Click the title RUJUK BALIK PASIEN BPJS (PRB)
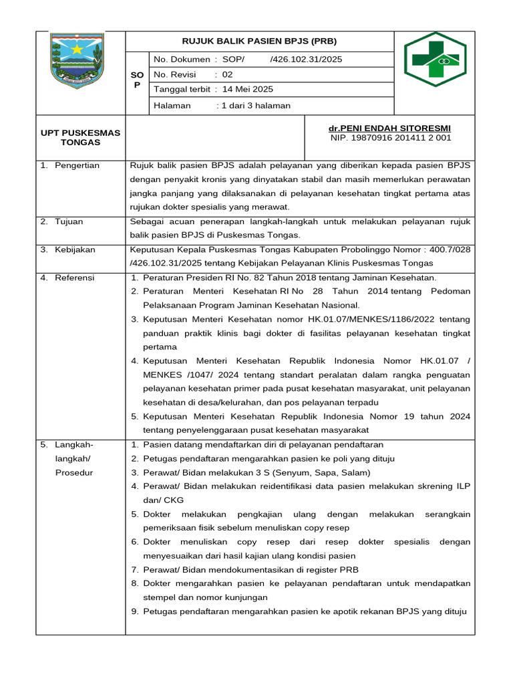(260, 41)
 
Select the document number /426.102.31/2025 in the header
(306, 60)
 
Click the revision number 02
(227, 74)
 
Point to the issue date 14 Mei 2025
(247, 89)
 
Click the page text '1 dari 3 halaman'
(256, 105)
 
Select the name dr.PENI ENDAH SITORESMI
(389, 128)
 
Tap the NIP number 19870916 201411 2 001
(391, 138)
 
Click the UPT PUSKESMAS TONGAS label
(80, 137)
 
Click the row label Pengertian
(77, 165)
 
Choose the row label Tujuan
(69, 221)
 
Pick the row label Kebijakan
(75, 250)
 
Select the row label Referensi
(74, 278)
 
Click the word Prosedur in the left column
(74, 472)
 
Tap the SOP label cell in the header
(136, 80)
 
